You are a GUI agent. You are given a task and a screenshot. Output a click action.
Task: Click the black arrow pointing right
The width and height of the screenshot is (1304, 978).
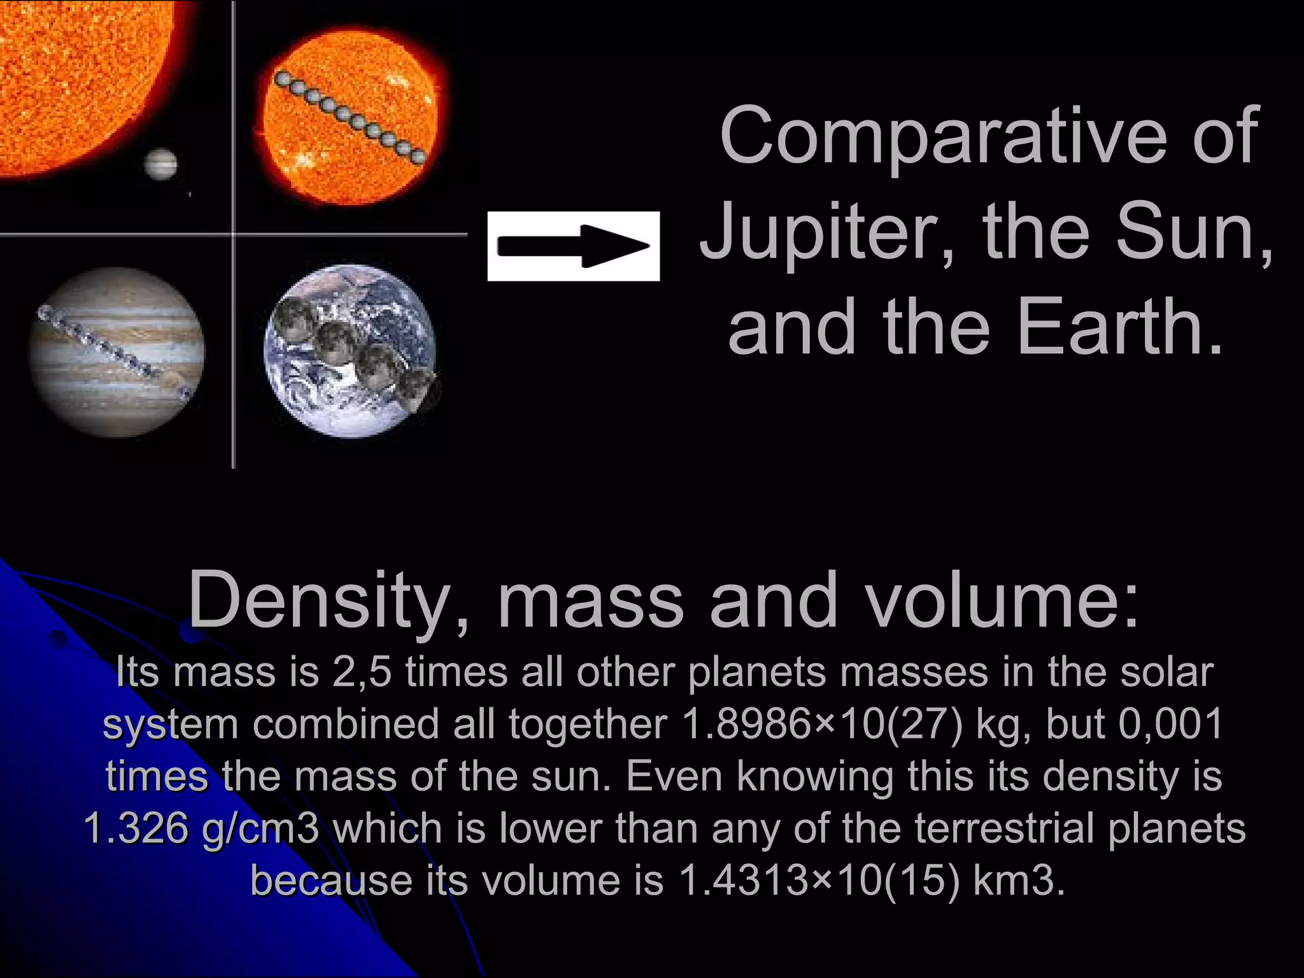click(x=573, y=246)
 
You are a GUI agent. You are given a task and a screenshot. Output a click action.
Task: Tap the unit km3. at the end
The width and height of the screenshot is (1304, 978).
click(x=1019, y=881)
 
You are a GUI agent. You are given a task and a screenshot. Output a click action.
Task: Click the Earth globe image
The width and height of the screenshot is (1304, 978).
click(x=350, y=350)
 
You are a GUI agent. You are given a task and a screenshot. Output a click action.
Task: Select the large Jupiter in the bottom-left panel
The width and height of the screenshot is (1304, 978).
click(x=117, y=351)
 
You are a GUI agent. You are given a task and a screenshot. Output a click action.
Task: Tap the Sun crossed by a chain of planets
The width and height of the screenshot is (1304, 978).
click(x=350, y=118)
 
